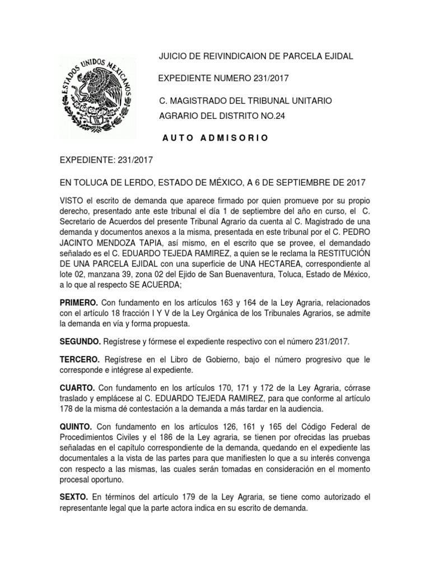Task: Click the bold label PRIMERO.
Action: [80, 303]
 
